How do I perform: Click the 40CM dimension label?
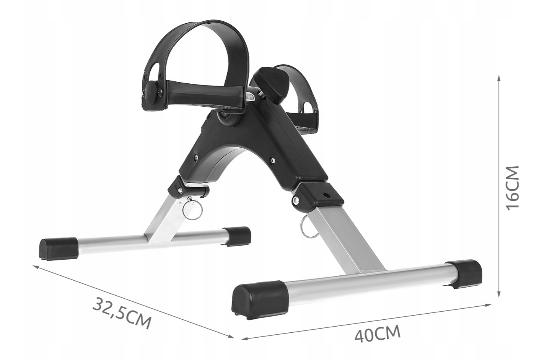click(377, 334)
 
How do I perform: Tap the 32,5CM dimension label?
click(122, 313)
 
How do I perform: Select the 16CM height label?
click(512, 188)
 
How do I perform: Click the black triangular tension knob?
click(271, 83)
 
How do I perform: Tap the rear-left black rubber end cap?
click(59, 249)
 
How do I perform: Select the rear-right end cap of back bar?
click(237, 236)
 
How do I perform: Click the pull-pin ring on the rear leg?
click(191, 209)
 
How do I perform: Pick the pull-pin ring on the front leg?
click(307, 229)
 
